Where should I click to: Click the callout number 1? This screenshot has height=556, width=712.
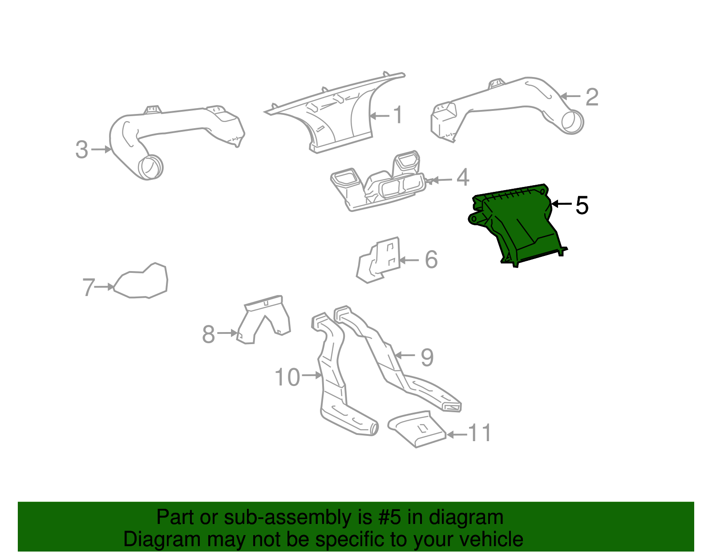click(398, 115)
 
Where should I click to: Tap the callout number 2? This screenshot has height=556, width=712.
click(591, 97)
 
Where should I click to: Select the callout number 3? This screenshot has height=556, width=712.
click(81, 150)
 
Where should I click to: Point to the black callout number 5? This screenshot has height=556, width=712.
click(582, 205)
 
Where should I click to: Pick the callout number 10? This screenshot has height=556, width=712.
click(287, 377)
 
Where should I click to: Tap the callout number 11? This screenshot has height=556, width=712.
click(480, 433)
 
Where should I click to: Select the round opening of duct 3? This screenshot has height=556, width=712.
click(150, 167)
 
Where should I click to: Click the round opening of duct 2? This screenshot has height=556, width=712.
click(572, 121)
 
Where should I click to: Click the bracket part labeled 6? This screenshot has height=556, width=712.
click(380, 260)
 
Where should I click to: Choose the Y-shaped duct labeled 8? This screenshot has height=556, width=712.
click(265, 318)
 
